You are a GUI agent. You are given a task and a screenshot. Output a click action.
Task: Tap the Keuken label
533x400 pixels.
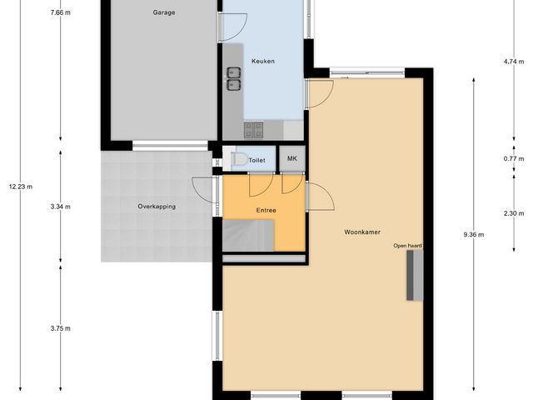(263, 62)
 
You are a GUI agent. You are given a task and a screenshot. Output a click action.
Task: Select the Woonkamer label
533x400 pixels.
(362, 232)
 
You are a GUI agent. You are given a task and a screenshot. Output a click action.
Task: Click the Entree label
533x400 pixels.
(266, 211)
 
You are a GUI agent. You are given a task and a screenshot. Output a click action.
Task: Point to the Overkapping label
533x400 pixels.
(157, 206)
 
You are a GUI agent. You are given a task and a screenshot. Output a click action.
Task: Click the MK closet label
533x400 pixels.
(292, 158)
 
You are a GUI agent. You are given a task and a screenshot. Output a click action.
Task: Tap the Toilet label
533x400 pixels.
(257, 159)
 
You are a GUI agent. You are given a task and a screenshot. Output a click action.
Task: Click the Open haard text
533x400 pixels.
(408, 246)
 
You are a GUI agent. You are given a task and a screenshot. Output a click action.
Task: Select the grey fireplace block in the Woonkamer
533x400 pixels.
(414, 275)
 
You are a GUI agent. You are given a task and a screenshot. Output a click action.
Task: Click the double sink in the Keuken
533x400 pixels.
(234, 78)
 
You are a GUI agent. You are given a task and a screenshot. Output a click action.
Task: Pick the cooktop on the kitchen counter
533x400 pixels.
(253, 129)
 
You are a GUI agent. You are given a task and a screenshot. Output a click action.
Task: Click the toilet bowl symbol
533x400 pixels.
(239, 158)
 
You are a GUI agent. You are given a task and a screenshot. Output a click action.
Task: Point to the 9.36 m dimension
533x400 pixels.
(473, 234)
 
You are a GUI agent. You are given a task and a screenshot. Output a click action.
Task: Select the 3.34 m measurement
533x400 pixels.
(60, 206)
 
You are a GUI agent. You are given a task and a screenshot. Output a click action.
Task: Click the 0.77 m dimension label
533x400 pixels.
(514, 158)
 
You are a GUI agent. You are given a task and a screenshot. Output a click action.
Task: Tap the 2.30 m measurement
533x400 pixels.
(514, 213)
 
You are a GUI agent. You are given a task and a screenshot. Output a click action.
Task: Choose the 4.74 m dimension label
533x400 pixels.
(514, 62)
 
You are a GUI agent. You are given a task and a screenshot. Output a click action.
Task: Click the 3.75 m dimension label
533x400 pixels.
(60, 328)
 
